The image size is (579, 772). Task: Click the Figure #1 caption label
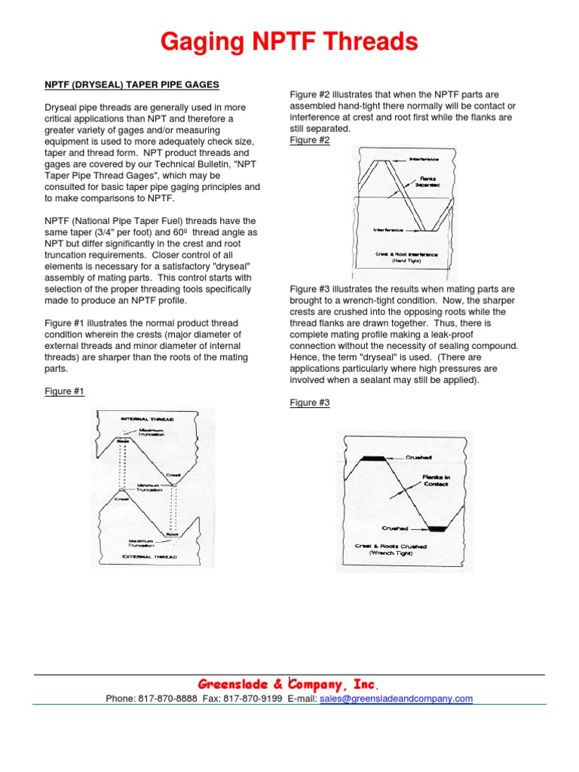(64, 391)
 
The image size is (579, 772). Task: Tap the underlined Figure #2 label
(310, 140)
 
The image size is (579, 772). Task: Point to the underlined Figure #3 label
(310, 403)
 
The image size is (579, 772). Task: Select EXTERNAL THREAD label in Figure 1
(150, 556)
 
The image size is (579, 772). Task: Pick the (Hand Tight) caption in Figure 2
(406, 261)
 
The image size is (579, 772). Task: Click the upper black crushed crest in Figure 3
(374, 458)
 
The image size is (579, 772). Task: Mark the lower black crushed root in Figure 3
(437, 528)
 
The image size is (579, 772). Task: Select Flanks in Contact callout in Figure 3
(435, 480)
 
